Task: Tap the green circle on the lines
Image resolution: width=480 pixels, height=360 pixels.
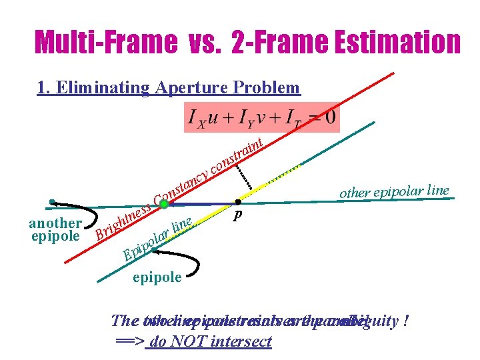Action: pos(165,204)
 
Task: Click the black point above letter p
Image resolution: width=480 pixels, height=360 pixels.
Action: pos(238,201)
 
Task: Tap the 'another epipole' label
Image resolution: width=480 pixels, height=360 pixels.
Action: pos(55,229)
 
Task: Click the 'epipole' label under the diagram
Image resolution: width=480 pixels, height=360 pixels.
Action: pos(157,277)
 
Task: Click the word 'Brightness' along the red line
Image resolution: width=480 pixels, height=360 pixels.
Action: pos(122,221)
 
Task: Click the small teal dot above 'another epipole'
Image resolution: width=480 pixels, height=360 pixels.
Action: pos(51,201)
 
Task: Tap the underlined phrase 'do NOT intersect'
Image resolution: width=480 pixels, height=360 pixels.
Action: pos(212,341)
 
